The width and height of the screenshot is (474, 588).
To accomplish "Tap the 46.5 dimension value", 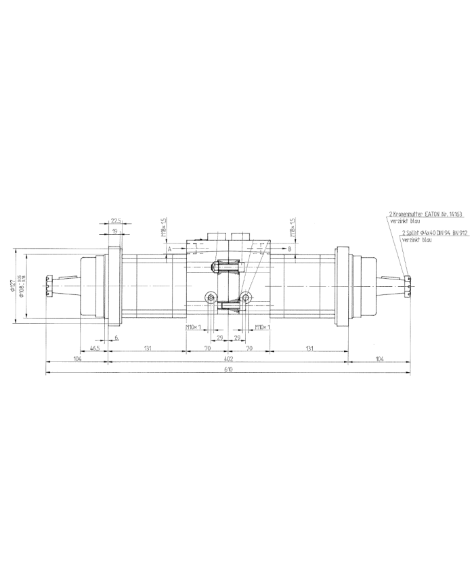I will pyautogui.click(x=95, y=348).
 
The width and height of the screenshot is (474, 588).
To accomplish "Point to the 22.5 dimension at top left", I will pyautogui.click(x=116, y=221).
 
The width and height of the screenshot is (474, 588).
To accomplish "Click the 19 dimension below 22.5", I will pyautogui.click(x=116, y=231).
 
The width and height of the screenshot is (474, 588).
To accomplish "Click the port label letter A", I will pyautogui.click(x=170, y=249).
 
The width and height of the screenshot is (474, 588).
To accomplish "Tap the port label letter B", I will pyautogui.click(x=289, y=249).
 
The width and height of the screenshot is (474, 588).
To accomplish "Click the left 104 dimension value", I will pyautogui.click(x=77, y=359).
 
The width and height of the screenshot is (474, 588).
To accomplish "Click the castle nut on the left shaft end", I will pyautogui.click(x=48, y=286).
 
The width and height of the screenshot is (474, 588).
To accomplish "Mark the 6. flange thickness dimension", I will pyautogui.click(x=117, y=337).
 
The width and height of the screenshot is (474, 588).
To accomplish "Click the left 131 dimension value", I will pyautogui.click(x=147, y=348).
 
